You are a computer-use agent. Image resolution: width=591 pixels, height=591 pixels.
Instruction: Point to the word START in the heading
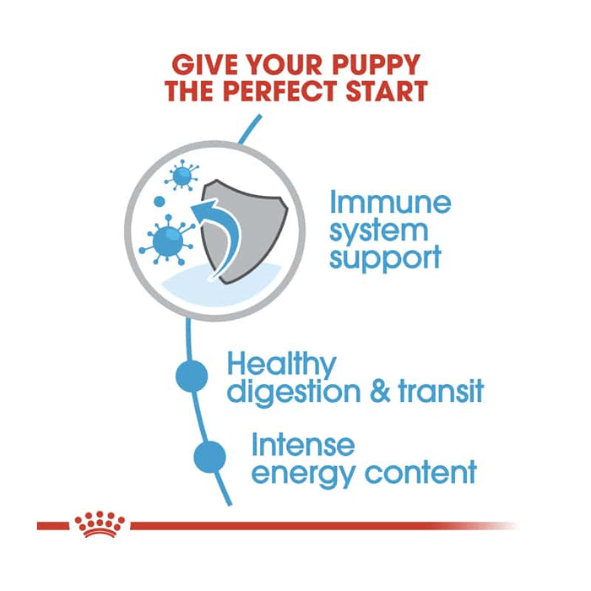point(386,91)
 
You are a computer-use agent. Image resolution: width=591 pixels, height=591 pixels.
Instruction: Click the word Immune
point(390,203)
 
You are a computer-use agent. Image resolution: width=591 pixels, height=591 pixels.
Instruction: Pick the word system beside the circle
point(379,230)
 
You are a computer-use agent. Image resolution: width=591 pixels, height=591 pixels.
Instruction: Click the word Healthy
point(281,366)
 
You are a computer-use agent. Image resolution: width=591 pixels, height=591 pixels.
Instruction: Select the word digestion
point(300,393)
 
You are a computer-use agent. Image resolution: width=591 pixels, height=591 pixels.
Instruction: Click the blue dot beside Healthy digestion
point(192,376)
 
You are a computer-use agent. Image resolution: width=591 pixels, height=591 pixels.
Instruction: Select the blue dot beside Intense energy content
point(210,456)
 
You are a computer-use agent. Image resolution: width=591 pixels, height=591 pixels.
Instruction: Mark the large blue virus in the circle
point(161,240)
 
